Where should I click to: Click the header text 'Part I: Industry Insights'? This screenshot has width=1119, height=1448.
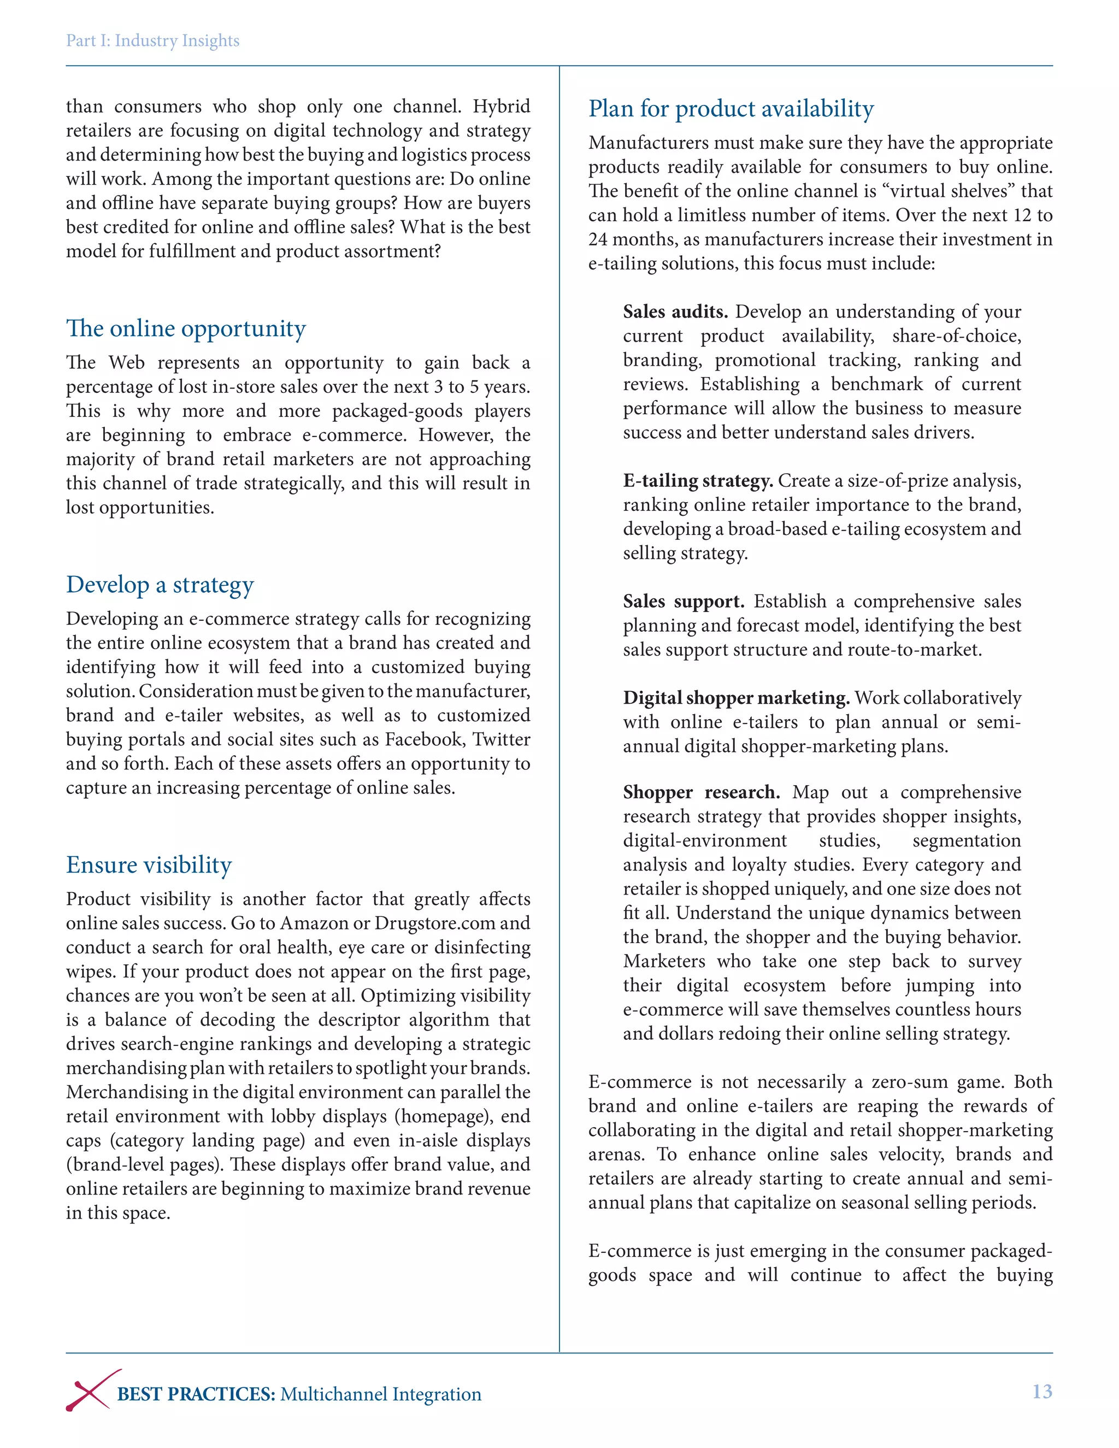pos(152,40)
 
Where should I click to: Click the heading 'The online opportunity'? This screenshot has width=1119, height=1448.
pos(186,328)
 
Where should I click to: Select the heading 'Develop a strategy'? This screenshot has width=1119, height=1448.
pos(160,585)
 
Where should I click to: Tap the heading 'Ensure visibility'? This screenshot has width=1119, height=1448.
pos(149,864)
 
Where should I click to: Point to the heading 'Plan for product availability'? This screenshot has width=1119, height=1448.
pos(731,108)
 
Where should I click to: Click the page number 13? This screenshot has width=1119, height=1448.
pos(1041,1391)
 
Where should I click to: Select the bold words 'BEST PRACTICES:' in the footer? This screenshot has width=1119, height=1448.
pos(196,1394)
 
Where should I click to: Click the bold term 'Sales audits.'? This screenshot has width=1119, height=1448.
pos(675,311)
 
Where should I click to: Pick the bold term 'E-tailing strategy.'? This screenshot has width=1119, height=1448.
pos(697,481)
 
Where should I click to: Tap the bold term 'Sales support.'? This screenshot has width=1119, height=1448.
pos(683,602)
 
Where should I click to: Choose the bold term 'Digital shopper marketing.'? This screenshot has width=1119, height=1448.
pos(736,698)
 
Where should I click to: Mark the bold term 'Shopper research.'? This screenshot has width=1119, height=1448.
pos(700,792)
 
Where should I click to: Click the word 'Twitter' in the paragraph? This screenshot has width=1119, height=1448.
pos(501,739)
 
